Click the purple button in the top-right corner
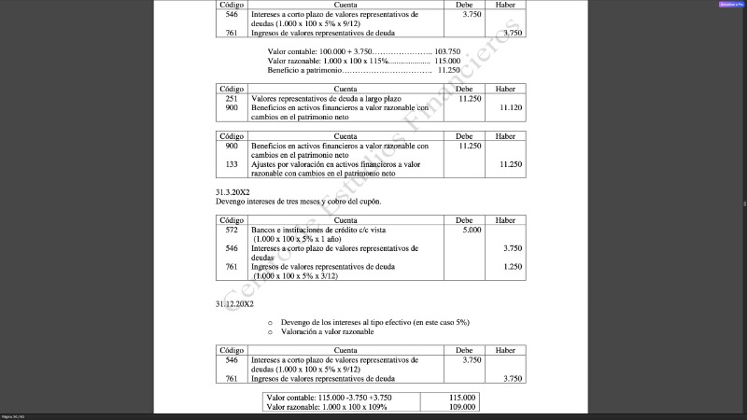730,5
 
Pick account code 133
232,164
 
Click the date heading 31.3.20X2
233,191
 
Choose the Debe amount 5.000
472,230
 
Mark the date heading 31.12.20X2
235,303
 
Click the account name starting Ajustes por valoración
340,164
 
